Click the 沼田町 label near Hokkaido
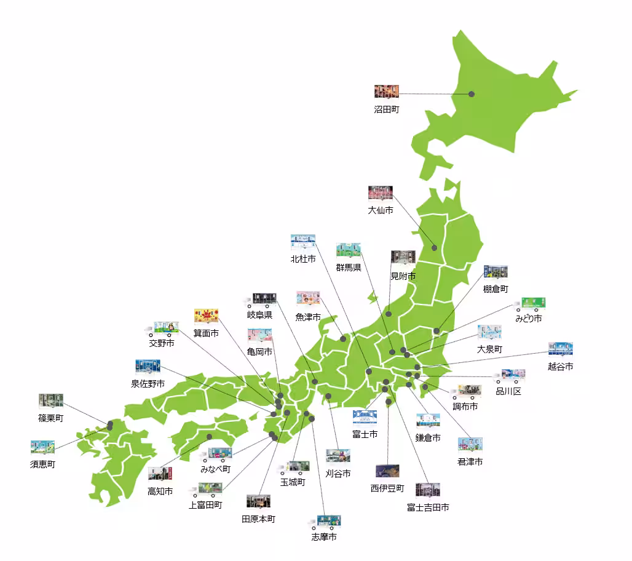pos(387,109)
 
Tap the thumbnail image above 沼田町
pos(387,92)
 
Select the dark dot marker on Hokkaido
pos(472,94)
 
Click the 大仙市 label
pos(381,210)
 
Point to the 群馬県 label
pos(349,268)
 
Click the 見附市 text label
pos(403,276)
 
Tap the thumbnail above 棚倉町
pos(496,272)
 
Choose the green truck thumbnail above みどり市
pos(533,303)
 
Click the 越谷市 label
pos(561,367)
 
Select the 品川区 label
pos(508,391)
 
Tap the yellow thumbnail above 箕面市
pos(207,316)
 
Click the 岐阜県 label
pos(259,316)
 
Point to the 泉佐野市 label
pos(148,384)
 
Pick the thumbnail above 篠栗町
pos(51,400)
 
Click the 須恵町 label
pos(42,464)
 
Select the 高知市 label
pos(160,491)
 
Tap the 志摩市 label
pos(324,537)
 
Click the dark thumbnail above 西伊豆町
pos(388,471)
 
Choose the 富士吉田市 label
pos(428,507)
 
